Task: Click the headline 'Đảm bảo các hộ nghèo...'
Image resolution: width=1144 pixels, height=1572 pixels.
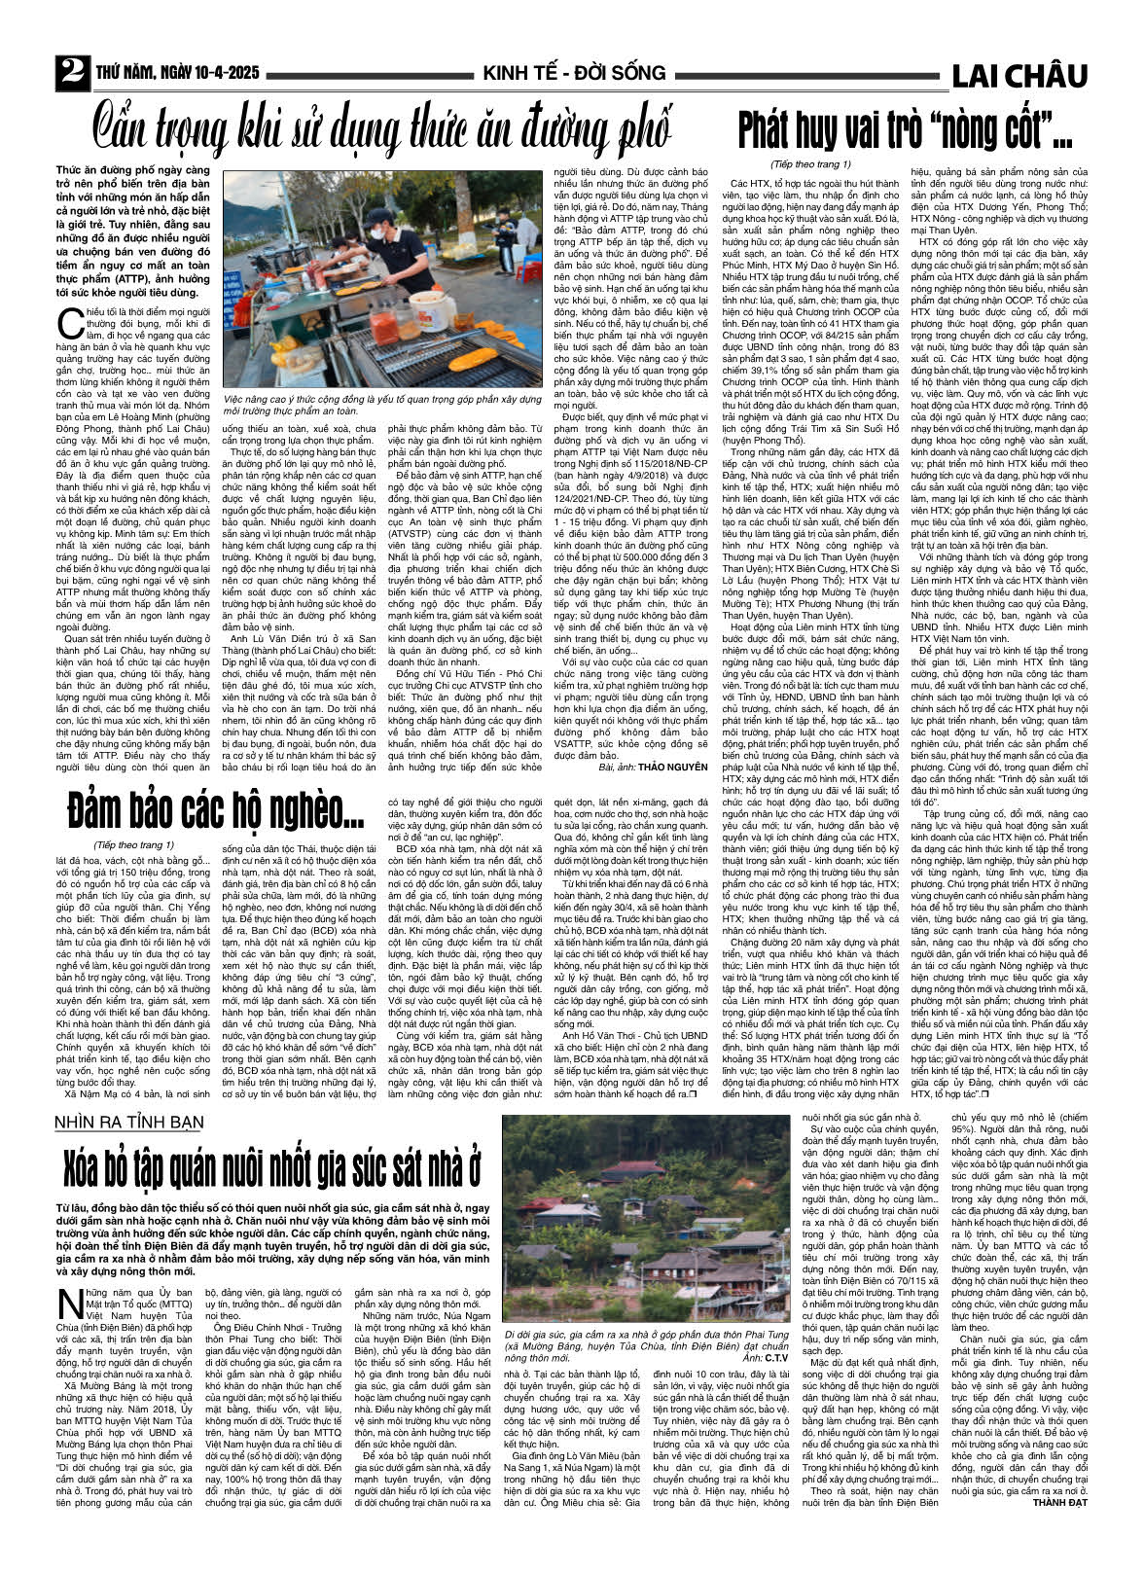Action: [213, 806]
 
